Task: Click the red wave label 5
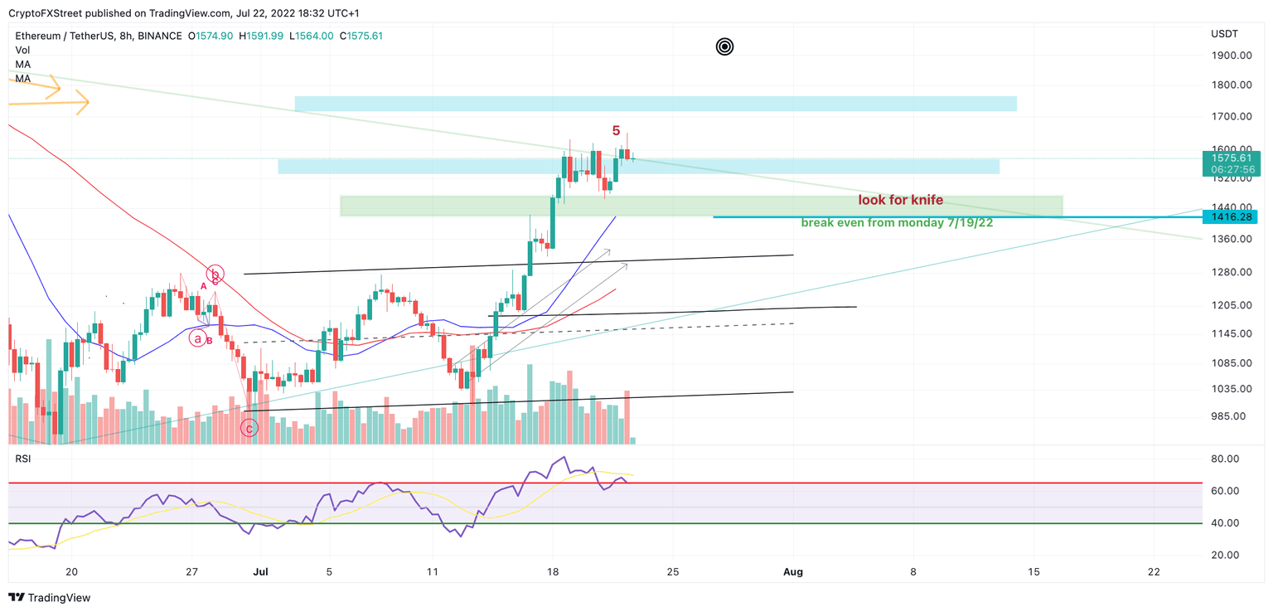click(616, 131)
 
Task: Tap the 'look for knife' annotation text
click(900, 201)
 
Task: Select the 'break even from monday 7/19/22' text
click(897, 223)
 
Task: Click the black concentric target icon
click(724, 47)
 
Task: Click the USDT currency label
click(1224, 34)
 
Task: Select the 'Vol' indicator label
click(22, 51)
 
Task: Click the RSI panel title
click(23, 458)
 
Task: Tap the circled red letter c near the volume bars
click(249, 428)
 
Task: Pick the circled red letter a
click(197, 338)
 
